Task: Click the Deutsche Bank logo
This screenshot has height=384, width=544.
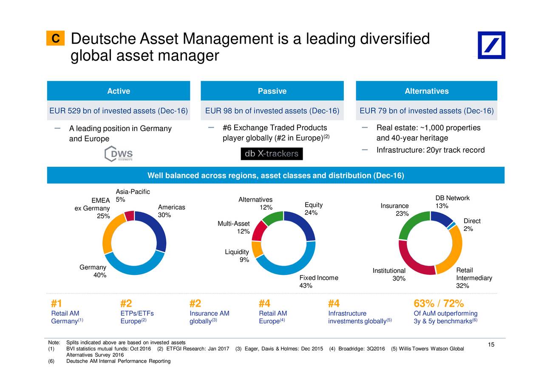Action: click(x=491, y=45)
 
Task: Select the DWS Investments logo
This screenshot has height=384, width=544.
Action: click(x=119, y=154)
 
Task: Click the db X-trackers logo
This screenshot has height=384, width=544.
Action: click(x=272, y=154)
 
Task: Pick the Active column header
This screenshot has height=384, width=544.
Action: click(x=119, y=91)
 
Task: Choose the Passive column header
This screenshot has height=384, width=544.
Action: click(x=272, y=91)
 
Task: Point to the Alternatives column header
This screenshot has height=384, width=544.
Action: click(x=426, y=91)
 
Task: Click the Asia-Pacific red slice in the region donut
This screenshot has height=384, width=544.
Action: click(x=130, y=216)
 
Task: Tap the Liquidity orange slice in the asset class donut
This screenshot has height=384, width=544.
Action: click(x=257, y=249)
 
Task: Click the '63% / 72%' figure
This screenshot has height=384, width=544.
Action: click(x=438, y=304)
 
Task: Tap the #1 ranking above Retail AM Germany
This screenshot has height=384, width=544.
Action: click(x=56, y=304)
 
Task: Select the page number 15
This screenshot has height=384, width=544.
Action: click(x=491, y=345)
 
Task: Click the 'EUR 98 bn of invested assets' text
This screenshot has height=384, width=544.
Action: click(x=272, y=111)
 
